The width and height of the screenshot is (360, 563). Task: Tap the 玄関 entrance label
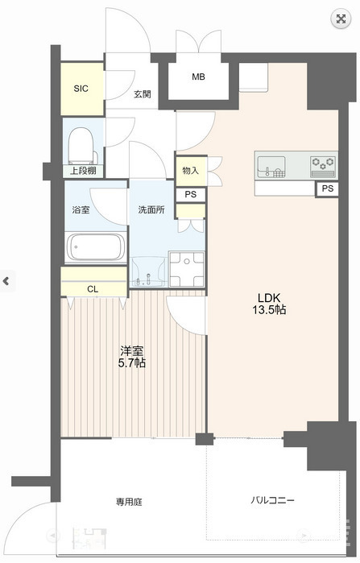(x=142, y=94)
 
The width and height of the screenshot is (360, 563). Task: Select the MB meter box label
(x=198, y=77)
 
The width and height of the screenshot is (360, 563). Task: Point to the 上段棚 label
(x=83, y=170)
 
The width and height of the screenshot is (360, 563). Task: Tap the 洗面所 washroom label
(x=151, y=209)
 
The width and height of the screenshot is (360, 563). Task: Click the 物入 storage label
(x=190, y=170)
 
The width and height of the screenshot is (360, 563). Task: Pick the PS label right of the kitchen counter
(x=326, y=188)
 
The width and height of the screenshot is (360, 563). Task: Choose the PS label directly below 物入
(x=190, y=195)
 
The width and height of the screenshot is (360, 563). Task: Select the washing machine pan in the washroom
(x=186, y=267)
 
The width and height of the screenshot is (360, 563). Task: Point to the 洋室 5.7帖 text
(x=133, y=357)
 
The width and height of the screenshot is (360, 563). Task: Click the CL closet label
(x=93, y=288)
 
